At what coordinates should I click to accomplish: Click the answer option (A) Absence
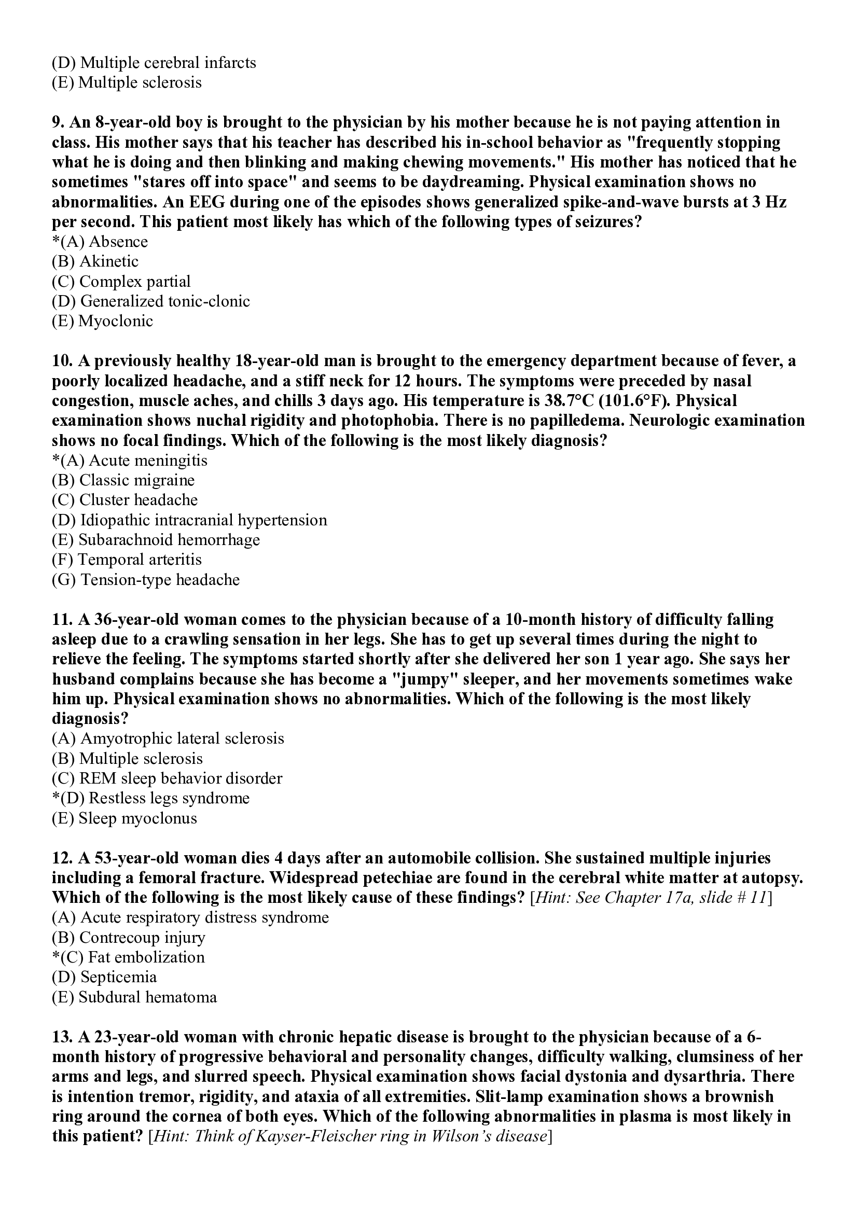click(101, 242)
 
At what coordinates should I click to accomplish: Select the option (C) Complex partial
click(121, 282)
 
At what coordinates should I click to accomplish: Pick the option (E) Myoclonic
click(103, 321)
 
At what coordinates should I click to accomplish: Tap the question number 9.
click(58, 122)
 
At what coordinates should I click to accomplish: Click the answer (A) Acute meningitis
click(130, 461)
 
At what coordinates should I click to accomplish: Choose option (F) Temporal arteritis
click(127, 560)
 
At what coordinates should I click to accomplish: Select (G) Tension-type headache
click(145, 580)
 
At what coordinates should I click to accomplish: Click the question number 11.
click(62, 619)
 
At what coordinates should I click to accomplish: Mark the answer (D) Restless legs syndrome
click(151, 798)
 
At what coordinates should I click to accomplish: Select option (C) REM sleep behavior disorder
click(167, 779)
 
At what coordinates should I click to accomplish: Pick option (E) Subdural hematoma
click(134, 997)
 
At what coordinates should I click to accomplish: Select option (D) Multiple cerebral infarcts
click(154, 63)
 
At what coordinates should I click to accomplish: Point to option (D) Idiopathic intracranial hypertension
click(189, 520)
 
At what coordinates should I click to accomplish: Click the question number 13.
click(62, 1037)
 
